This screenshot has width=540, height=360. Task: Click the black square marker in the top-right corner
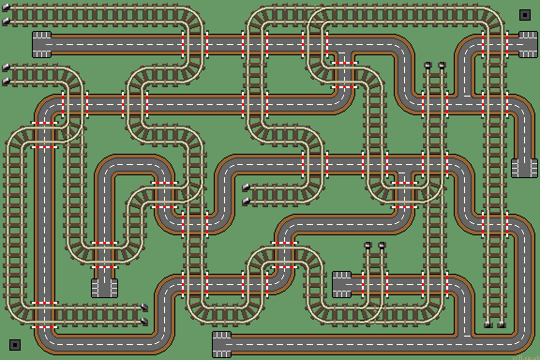(x=524, y=15)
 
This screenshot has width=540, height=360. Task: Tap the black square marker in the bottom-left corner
(x=15, y=344)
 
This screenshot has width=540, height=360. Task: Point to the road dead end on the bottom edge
(x=222, y=343)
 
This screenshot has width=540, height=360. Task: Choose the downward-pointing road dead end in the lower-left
(x=103, y=286)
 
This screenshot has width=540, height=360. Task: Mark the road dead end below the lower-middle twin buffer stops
(x=342, y=283)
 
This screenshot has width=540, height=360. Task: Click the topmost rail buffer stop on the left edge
(x=7, y=14)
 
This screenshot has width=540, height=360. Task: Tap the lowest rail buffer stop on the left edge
(x=7, y=82)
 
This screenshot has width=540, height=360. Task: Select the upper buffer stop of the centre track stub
(x=247, y=187)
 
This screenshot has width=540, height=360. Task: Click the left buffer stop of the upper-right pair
(x=427, y=67)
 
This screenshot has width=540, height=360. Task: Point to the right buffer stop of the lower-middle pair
(x=382, y=247)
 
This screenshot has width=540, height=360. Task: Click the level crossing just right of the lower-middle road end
(x=375, y=283)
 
